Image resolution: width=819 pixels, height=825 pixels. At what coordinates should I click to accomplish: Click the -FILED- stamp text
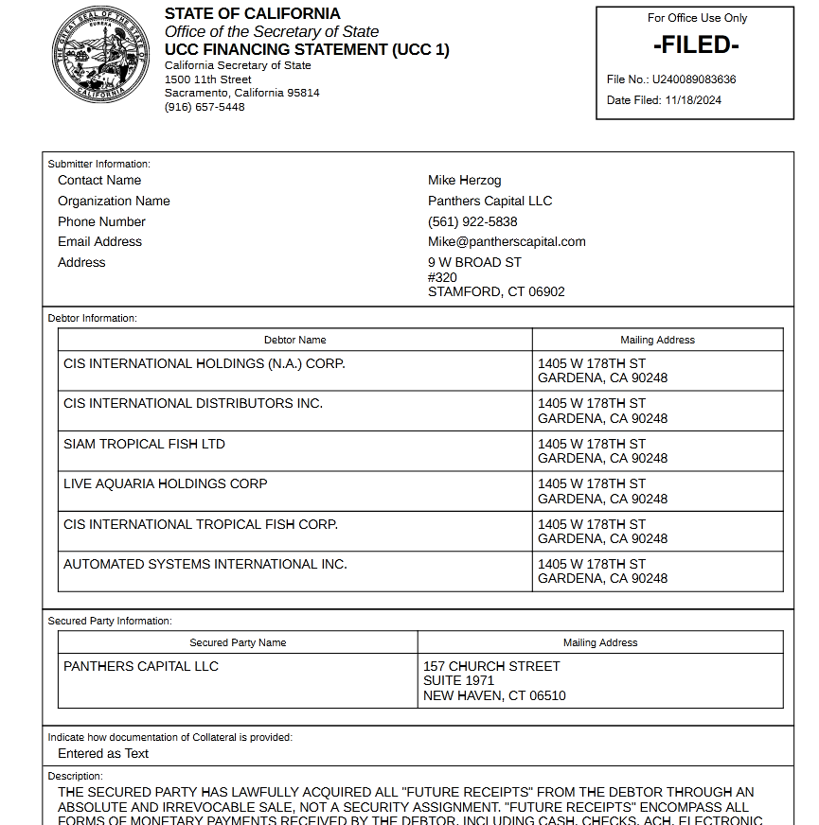[x=696, y=44]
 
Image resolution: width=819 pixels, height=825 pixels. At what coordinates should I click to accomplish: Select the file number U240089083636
[x=694, y=79]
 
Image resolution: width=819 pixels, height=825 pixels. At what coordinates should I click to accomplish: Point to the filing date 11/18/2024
[x=693, y=100]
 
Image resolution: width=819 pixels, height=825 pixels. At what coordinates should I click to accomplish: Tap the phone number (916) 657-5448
[x=205, y=107]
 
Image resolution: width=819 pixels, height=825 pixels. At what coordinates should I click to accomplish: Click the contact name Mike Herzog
[x=465, y=180]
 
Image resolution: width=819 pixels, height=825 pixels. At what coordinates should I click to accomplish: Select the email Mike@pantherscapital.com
[x=507, y=241]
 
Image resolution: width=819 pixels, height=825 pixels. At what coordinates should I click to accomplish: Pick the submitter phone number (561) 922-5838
[x=472, y=221]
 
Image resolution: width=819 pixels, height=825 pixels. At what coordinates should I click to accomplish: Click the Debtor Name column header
[x=294, y=340]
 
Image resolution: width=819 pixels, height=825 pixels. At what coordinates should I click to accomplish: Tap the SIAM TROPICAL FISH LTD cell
[x=144, y=444]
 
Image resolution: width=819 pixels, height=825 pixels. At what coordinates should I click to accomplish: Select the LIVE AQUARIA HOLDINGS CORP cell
[x=166, y=483]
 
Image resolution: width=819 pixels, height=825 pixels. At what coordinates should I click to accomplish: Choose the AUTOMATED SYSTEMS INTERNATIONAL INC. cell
[x=205, y=564]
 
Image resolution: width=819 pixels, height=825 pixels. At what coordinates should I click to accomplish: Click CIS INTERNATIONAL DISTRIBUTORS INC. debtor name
[x=193, y=403]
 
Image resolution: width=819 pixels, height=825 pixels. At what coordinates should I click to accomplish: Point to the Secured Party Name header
[x=238, y=642]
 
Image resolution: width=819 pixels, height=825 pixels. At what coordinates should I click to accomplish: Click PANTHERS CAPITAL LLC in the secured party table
[x=141, y=666]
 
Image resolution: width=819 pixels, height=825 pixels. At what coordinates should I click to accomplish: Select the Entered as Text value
[x=103, y=753]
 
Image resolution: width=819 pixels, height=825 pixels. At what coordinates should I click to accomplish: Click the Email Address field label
[x=99, y=241]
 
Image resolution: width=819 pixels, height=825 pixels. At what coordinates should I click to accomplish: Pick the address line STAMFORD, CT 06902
[x=496, y=291]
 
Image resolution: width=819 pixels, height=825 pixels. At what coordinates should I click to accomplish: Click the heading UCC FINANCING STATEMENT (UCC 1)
[x=307, y=49]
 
